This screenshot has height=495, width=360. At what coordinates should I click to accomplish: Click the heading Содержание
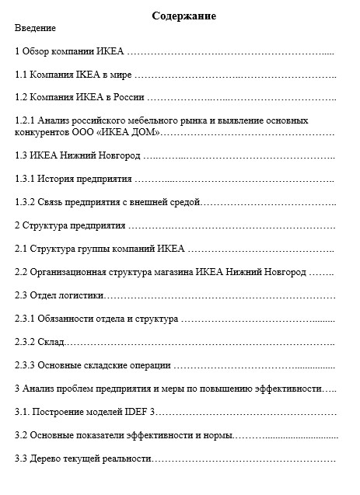[x=184, y=16]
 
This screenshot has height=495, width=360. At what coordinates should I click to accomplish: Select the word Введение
[x=36, y=28]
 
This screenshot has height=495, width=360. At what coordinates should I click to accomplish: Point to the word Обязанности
[x=68, y=319]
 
